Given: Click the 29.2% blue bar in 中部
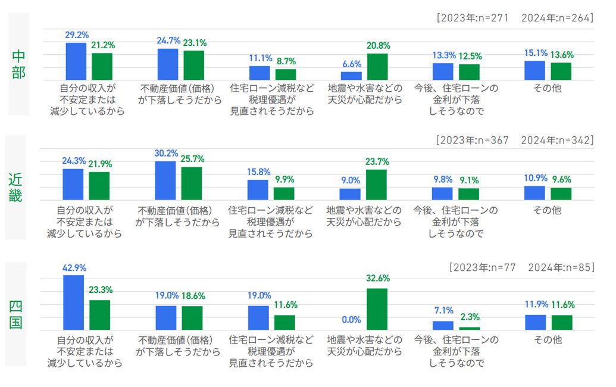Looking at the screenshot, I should click(76, 61).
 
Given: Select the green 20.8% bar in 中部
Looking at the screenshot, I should click(377, 67).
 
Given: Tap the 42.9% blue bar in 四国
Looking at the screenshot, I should click(74, 302).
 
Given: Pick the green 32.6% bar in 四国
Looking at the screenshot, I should click(377, 309).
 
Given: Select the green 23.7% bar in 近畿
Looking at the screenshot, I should click(376, 185).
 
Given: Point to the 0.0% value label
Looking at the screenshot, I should click(351, 320).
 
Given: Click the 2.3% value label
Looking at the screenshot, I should click(470, 317).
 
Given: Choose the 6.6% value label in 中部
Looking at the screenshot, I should click(351, 64).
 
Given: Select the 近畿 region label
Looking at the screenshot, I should click(16, 186).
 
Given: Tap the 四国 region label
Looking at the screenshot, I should click(16, 314).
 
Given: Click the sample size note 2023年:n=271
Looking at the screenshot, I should click(474, 18).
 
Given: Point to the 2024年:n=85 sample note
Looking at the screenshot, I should click(560, 267).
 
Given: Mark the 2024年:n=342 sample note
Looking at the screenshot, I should click(557, 141).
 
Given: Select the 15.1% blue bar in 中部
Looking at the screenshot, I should click(534, 70).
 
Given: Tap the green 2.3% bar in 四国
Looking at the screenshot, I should click(470, 328).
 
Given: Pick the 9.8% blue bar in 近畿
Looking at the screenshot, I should click(442, 193).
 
